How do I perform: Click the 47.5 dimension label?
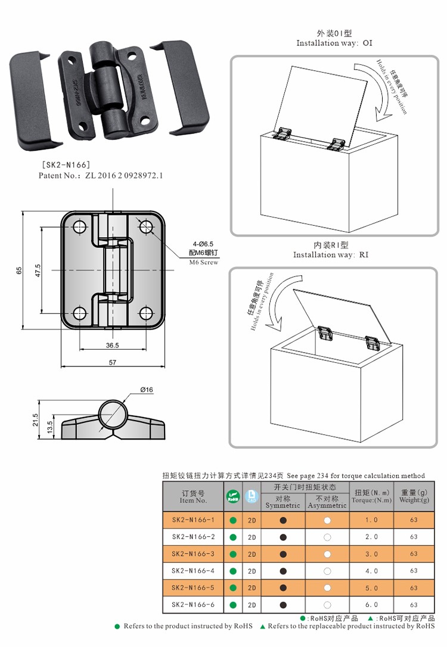pos(38,270)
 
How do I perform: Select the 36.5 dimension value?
pos(113,345)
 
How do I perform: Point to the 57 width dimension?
pos(113,362)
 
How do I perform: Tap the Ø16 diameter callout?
pos(147,390)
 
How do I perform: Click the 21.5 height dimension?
pos(35,420)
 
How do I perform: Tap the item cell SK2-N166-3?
pos(193,554)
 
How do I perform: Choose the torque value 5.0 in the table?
pos(371,588)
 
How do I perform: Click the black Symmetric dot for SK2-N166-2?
pos(283,537)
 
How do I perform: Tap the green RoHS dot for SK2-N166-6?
pos(233,605)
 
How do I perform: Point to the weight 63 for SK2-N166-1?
pos(414,520)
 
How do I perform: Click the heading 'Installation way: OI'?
pos(334,43)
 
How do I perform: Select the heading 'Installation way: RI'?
pos(331,254)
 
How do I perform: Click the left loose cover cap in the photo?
pos(35,101)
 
